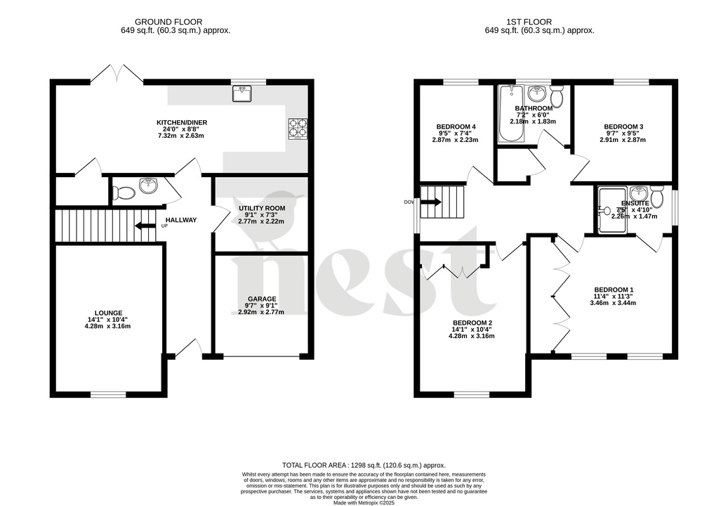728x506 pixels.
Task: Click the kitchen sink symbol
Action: click(241, 92)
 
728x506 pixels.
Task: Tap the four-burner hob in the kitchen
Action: click(297, 129)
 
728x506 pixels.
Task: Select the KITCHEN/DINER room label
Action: click(182, 122)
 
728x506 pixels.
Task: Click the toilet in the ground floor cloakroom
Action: click(124, 192)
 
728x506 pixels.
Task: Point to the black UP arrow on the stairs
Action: click(145, 226)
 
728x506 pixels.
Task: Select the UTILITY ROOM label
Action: click(261, 208)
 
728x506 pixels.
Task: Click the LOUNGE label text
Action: click(109, 313)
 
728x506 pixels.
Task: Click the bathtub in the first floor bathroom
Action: click(509, 115)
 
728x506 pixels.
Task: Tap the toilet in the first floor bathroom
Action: click(557, 97)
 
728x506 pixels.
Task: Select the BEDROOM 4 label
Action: click(452, 126)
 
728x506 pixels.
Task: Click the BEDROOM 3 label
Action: click(623, 126)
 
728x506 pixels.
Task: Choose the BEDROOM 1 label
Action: click(614, 290)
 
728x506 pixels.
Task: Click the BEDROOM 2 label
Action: click(472, 323)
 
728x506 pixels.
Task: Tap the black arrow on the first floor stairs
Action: click(430, 202)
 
